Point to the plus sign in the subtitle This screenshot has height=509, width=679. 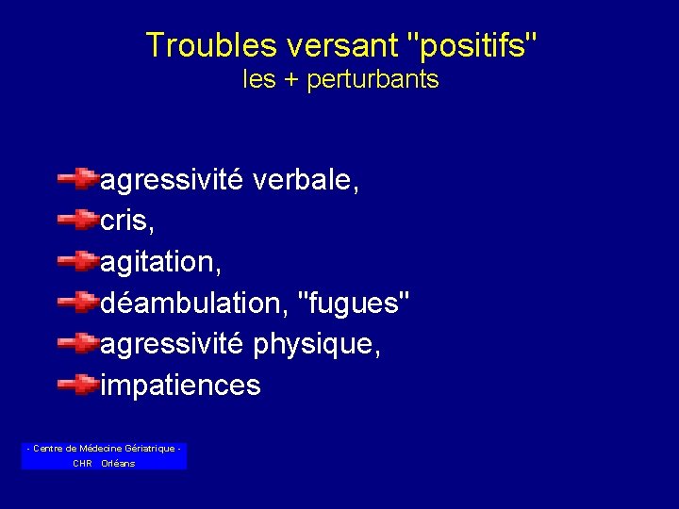pos(290,80)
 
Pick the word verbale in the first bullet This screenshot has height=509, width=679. pos(306,178)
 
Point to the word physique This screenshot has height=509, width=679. pos(317,344)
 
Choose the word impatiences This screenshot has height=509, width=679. pos(180,386)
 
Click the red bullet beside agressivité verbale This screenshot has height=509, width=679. pos(76,176)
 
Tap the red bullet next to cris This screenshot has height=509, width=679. pos(76,218)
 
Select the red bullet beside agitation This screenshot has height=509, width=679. pos(76,259)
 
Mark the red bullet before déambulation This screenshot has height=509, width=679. pos(76,301)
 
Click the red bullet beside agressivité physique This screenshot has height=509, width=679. pos(76,342)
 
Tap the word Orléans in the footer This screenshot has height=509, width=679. pos(118,464)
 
